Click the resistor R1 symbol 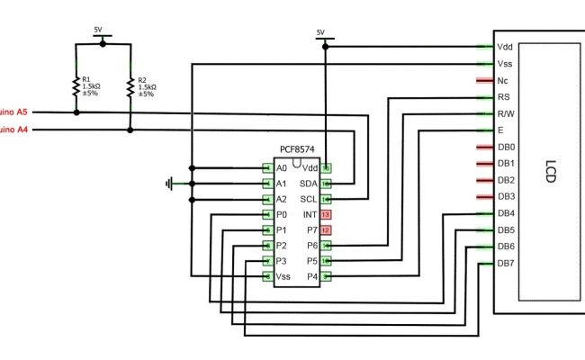(76, 87)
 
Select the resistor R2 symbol (130, 87)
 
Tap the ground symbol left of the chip (169, 184)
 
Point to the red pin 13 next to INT (327, 214)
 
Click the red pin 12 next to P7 (327, 230)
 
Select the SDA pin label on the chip (309, 184)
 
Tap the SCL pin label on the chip (309, 199)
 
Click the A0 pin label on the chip (282, 168)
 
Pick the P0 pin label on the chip (282, 214)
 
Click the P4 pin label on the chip (311, 276)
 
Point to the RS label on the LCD (504, 96)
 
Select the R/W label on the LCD (506, 113)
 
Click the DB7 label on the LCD (507, 263)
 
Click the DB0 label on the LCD (507, 147)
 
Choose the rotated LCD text (548, 173)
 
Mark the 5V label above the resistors (99, 30)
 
